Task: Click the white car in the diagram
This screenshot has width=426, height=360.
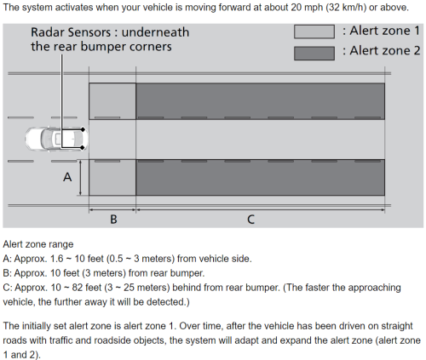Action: pos(56,139)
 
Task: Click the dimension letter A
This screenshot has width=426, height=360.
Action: pos(67,177)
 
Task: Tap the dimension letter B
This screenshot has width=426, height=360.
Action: pos(113,220)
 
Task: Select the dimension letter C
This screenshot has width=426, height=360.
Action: pos(250,220)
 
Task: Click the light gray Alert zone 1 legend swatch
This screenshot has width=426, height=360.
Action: pos(314,31)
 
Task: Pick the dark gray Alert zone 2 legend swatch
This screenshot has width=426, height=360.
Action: pos(314,54)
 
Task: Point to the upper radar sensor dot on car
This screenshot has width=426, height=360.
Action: pos(83,129)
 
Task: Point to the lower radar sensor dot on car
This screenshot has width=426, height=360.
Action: pos(83,147)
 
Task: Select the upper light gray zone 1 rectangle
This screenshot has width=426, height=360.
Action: pos(112,101)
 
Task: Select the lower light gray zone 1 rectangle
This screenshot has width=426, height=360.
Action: pos(112,177)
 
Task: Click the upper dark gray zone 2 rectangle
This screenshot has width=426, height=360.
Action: pos(260,101)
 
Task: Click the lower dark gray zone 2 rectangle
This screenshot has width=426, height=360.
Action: pos(260,177)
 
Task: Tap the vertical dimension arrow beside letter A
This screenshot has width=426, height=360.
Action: pos(81,178)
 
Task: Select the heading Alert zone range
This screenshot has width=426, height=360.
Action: pos(38,244)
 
